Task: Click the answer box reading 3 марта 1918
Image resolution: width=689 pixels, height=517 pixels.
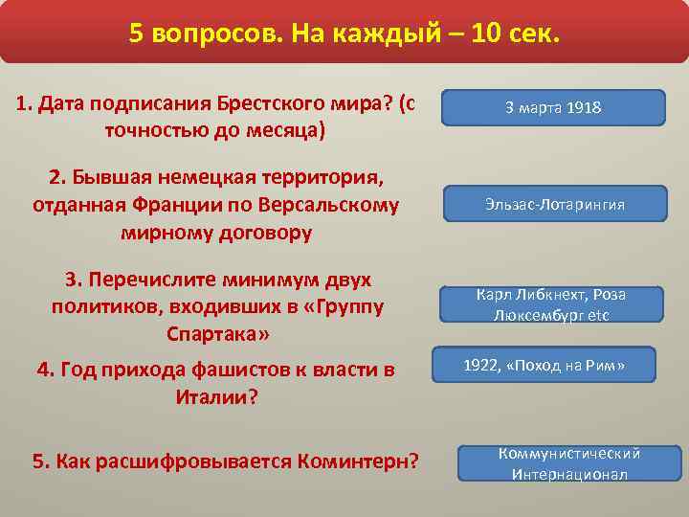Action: [x=553, y=108]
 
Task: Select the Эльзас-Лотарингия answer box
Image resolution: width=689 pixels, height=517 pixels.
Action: [x=553, y=205]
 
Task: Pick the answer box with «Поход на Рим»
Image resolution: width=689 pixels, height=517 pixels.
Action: [x=544, y=365]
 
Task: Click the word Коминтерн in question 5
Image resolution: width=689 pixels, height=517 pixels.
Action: [x=359, y=461]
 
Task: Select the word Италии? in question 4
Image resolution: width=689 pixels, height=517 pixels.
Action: [x=218, y=395]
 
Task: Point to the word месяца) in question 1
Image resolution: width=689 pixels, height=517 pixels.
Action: [x=291, y=130]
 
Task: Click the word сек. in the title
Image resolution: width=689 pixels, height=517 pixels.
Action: [x=529, y=34]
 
